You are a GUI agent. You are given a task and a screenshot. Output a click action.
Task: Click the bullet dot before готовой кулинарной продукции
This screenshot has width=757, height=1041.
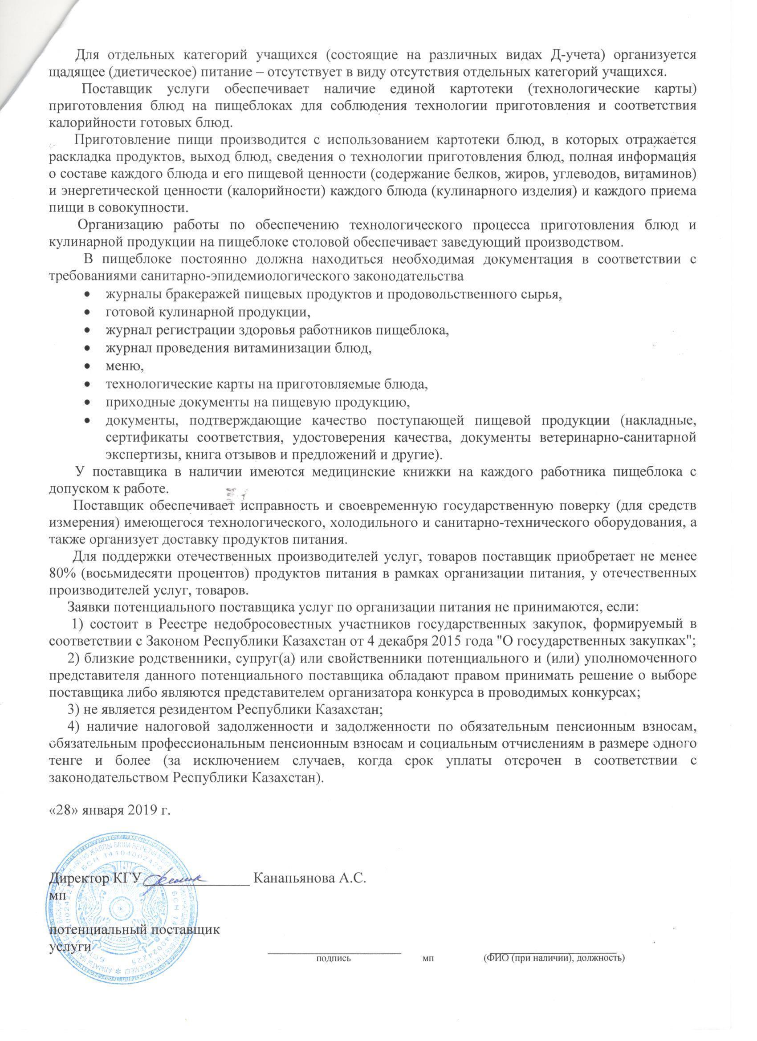[x=87, y=313]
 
